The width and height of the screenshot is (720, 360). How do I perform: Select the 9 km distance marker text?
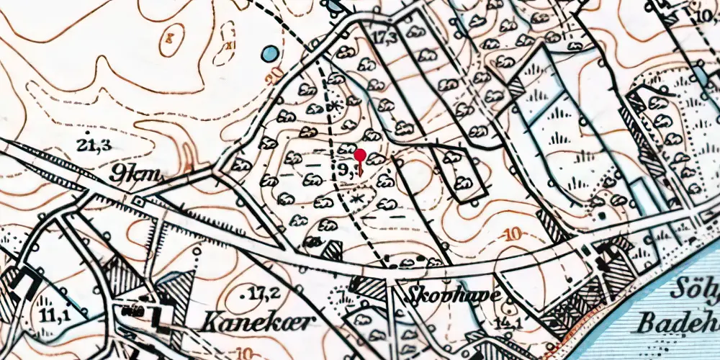(x=140, y=173)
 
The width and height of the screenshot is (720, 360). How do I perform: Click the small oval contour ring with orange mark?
(x=171, y=37)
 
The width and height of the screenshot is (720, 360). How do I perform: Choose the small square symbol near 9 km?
(x=138, y=204)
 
